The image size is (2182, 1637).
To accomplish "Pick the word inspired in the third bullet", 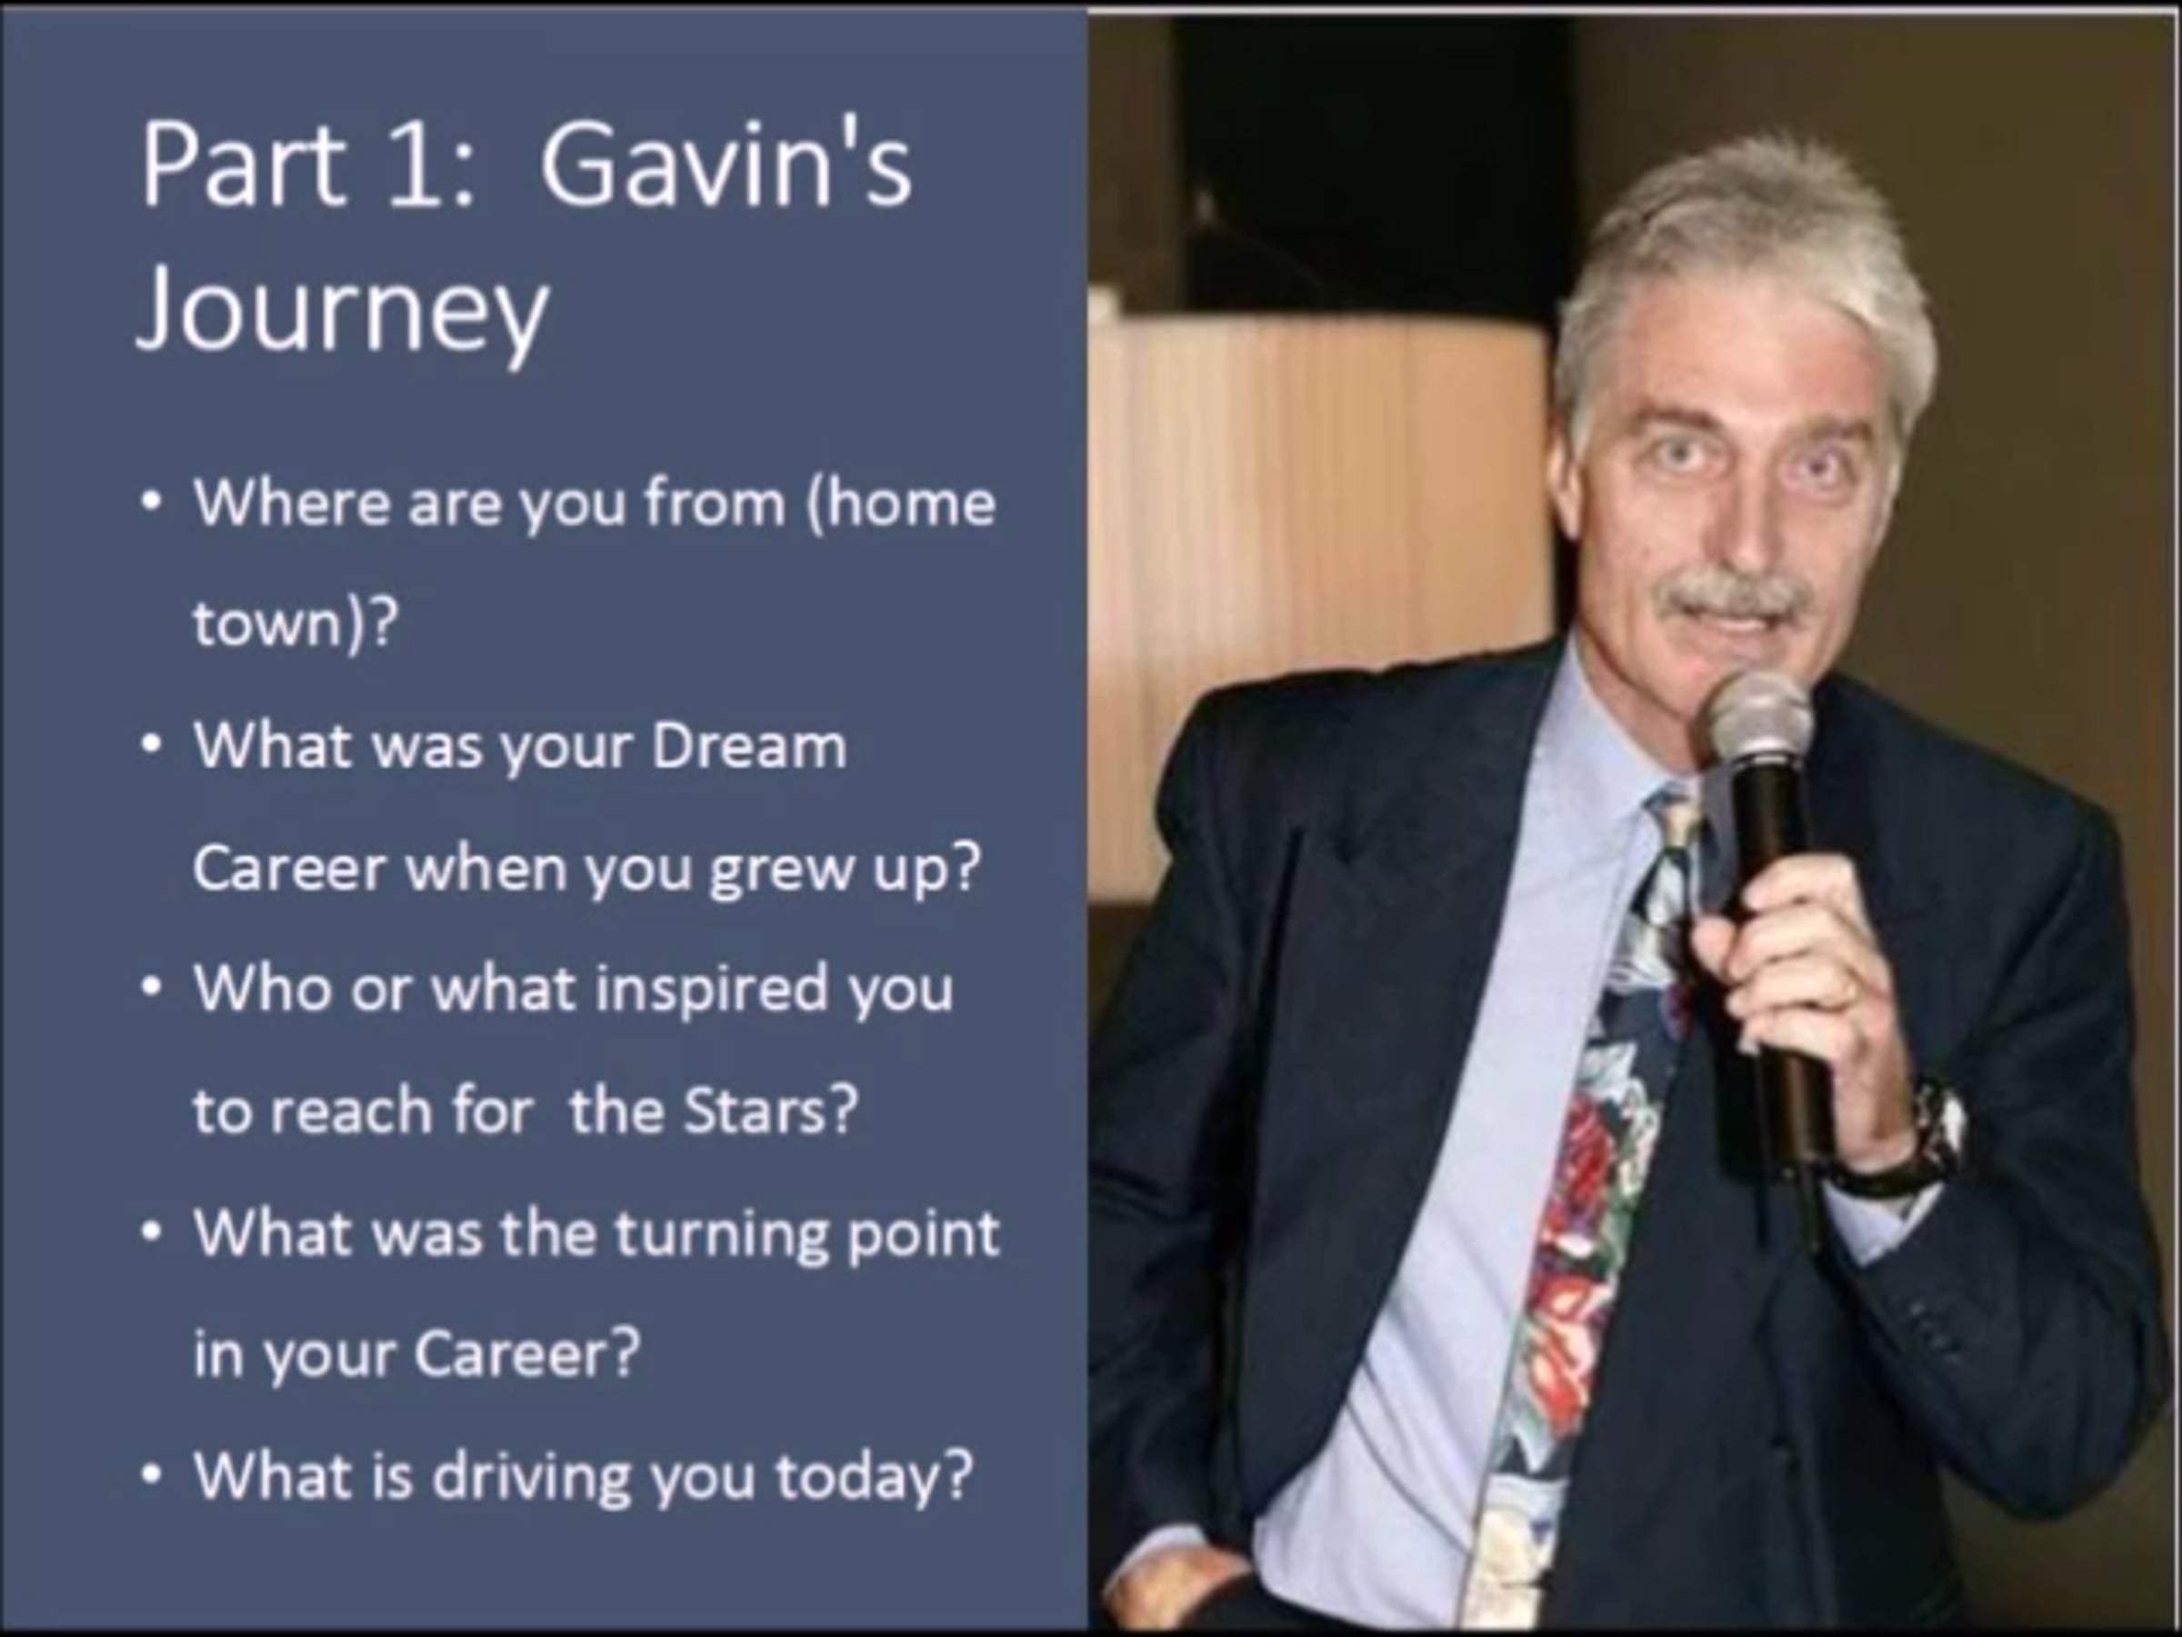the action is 712,989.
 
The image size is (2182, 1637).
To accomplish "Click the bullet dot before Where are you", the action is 150,502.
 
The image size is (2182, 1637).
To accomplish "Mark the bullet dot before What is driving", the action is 150,1476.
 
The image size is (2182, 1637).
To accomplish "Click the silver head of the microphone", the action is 1760,720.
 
